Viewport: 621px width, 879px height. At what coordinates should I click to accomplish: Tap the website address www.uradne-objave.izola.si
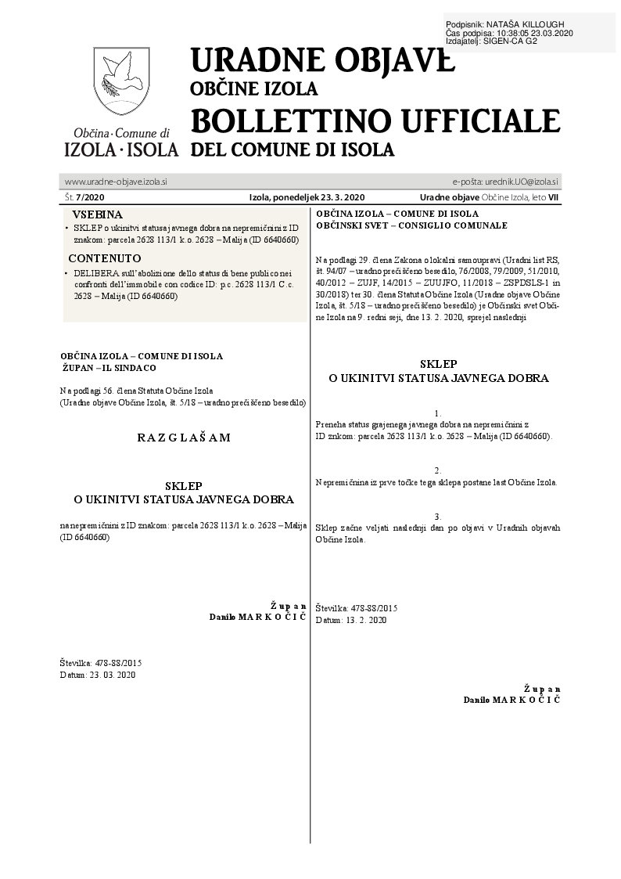pos(116,182)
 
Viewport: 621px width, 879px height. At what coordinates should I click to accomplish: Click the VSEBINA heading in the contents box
pos(97,214)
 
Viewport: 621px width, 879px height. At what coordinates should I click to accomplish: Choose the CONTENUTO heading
pos(105,258)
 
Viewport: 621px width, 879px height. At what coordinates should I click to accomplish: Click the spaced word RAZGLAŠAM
pos(184,438)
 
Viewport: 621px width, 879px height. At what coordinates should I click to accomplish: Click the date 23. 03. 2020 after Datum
pos(113,675)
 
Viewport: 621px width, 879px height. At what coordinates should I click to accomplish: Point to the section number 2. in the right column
pos(438,470)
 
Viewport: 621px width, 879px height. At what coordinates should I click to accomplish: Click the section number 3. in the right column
pos(438,517)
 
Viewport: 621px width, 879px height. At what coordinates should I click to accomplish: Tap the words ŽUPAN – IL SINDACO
pos(109,367)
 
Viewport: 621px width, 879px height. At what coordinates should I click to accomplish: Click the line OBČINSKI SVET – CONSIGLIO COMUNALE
pos(411,225)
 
